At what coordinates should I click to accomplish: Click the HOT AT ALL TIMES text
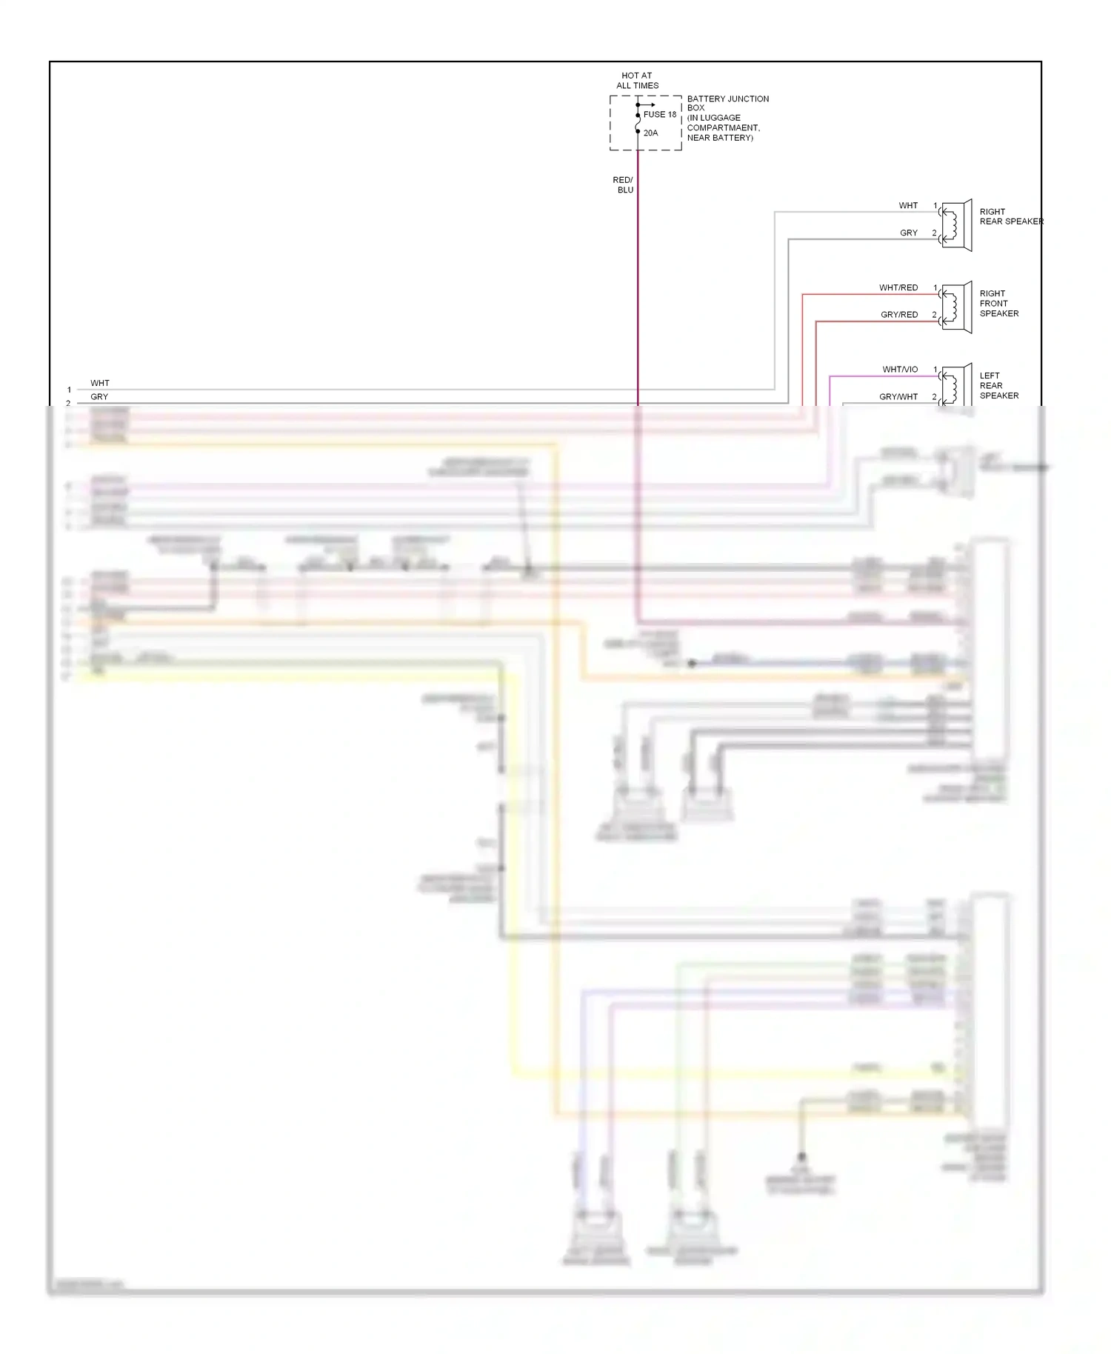coord(637,80)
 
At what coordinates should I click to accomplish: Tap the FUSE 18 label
coord(659,115)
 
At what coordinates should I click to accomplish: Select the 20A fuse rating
coord(650,133)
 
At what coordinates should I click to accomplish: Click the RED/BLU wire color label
coord(624,185)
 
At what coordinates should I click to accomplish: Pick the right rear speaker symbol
coord(956,225)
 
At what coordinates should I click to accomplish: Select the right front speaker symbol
coord(956,307)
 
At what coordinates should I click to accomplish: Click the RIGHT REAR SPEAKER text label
coord(1010,216)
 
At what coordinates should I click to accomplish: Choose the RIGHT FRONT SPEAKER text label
coord(998,304)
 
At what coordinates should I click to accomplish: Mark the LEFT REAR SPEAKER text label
coord(998,386)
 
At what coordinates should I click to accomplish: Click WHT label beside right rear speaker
coord(908,206)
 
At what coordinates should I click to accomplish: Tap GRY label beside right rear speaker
coord(909,233)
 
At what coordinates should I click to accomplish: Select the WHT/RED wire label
coord(898,288)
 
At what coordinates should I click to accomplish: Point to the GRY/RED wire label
coord(899,315)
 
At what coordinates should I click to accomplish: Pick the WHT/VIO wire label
coord(900,370)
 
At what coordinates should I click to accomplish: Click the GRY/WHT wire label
coord(898,397)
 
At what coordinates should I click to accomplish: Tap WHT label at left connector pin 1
coord(100,384)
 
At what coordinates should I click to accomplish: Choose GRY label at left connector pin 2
coord(99,397)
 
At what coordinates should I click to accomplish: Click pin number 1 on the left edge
coord(69,390)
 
